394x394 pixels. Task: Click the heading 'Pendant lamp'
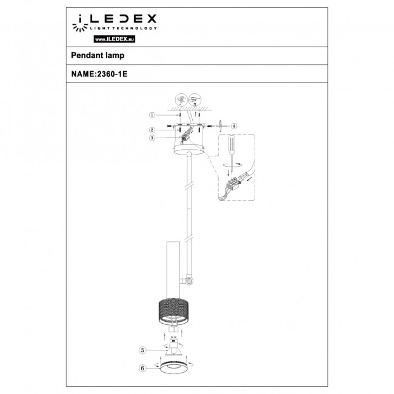pyautogui.click(x=95, y=55)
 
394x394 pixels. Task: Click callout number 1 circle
pyautogui.click(x=153, y=115)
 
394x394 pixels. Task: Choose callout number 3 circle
pyautogui.click(x=153, y=138)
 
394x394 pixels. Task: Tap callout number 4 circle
pyautogui.click(x=235, y=125)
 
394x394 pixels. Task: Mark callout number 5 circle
pyautogui.click(x=142, y=350)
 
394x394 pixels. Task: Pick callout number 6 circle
pyautogui.click(x=142, y=367)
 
